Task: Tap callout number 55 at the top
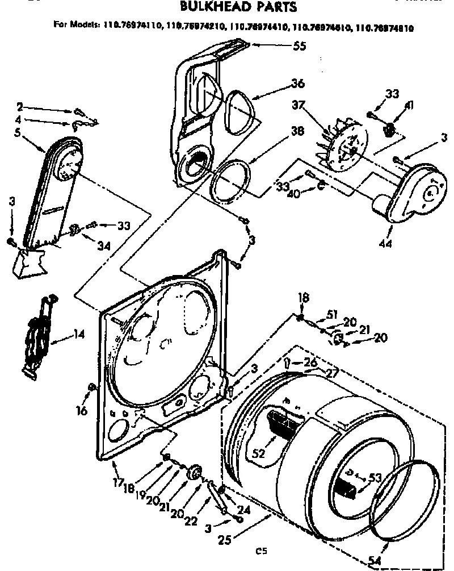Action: tap(299, 46)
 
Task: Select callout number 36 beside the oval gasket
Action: tap(297, 83)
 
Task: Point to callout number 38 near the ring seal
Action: tap(297, 129)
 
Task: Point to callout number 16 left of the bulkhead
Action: tap(82, 410)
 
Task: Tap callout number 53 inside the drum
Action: tap(375, 478)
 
